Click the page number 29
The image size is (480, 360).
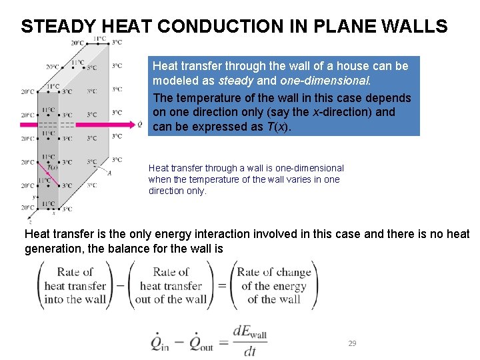[353, 343]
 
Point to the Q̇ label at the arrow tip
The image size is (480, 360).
[139, 124]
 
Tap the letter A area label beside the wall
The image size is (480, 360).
[109, 173]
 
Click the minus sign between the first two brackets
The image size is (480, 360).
[120, 285]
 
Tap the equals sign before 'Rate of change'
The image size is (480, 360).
[222, 285]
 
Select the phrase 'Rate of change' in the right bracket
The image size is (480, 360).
[274, 272]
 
